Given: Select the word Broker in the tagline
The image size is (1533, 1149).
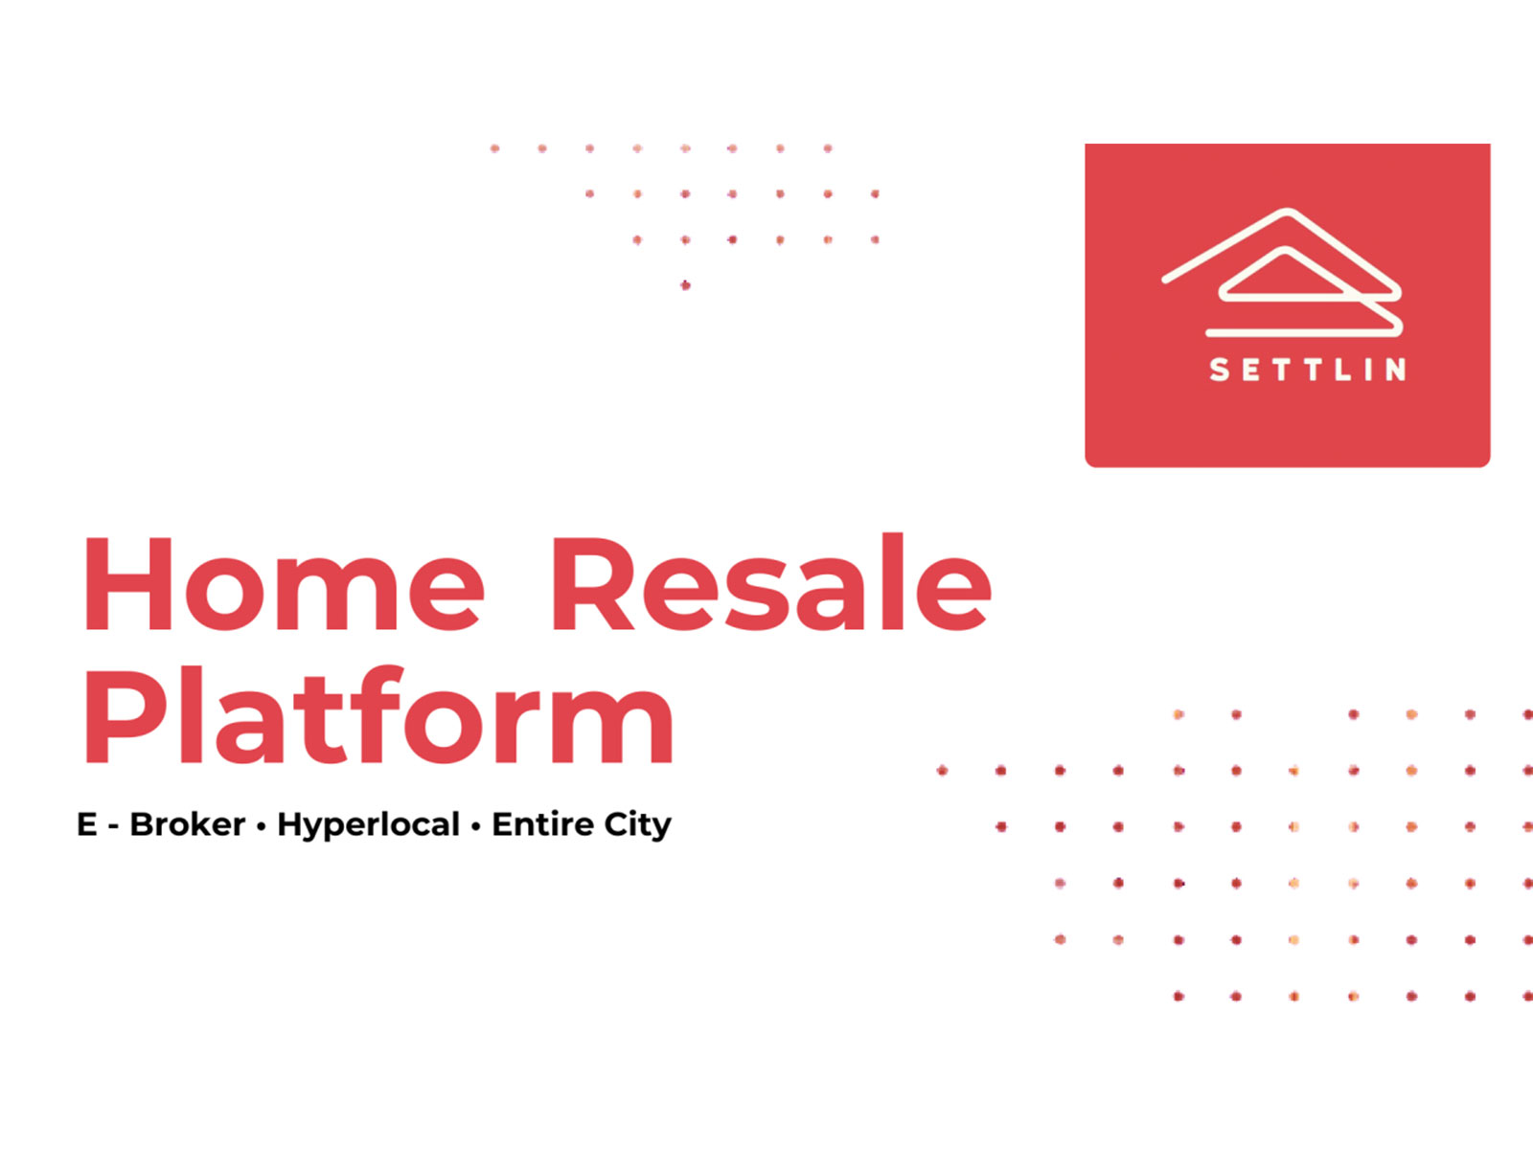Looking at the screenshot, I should pyautogui.click(x=188, y=824).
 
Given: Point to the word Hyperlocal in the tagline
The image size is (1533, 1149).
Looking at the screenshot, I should pyautogui.click(x=368, y=825).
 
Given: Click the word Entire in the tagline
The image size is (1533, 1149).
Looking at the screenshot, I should pyautogui.click(x=542, y=824).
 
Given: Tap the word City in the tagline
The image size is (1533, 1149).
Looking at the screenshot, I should pyautogui.click(x=637, y=825).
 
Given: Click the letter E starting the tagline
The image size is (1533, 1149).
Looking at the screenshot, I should pyautogui.click(x=87, y=824).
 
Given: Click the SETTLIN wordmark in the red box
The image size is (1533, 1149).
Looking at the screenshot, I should pyautogui.click(x=1308, y=370).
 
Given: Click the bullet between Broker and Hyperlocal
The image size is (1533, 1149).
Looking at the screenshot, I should pyautogui.click(x=261, y=826).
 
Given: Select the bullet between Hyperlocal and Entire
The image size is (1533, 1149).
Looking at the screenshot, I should pyautogui.click(x=475, y=826).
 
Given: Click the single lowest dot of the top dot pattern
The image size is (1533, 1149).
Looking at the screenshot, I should pyautogui.click(x=685, y=285).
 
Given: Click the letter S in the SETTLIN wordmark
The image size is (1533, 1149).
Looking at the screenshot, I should pyautogui.click(x=1220, y=370).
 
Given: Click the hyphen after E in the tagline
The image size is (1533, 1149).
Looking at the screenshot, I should pyautogui.click(x=113, y=826).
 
